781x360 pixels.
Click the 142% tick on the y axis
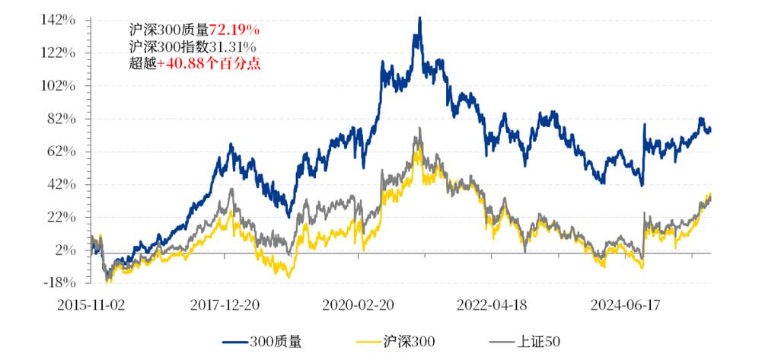tap(59, 20)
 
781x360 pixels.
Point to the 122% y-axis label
tap(59, 53)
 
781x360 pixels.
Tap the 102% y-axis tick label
tap(59, 85)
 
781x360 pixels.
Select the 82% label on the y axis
tap(62, 119)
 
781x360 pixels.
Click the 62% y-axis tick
tap(62, 151)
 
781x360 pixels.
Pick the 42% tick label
tap(62, 184)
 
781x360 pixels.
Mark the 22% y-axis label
tap(62, 217)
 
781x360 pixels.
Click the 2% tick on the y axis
tap(65, 250)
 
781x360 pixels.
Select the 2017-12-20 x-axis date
tap(226, 304)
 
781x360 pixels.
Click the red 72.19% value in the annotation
tap(234, 30)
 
